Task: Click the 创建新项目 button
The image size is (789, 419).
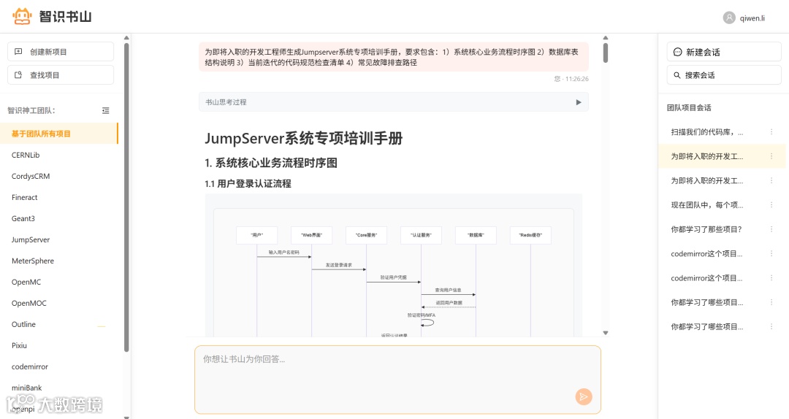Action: [x=61, y=52]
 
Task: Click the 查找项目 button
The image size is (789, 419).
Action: [x=61, y=75]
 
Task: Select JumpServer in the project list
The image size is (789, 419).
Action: [x=31, y=239]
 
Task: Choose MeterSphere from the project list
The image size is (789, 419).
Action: [x=33, y=261]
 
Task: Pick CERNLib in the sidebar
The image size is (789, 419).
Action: [x=26, y=155]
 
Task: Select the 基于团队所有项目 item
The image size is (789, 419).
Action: [x=42, y=134]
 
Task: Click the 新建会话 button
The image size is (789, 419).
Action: [x=723, y=52]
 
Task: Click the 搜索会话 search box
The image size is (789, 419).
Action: [x=723, y=75]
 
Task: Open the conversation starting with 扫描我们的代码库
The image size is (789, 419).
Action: [x=707, y=132]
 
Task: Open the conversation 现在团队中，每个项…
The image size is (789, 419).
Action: [x=707, y=205]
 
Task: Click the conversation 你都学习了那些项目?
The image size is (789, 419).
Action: [x=706, y=229]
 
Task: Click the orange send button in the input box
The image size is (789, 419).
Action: [x=583, y=396]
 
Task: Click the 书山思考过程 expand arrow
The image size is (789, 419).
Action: [x=579, y=102]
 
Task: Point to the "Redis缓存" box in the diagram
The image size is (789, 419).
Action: [x=530, y=235]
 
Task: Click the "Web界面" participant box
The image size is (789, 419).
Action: [x=311, y=235]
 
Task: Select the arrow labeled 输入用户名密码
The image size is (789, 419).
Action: [x=284, y=256]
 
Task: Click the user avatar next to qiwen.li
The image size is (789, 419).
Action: [x=729, y=18]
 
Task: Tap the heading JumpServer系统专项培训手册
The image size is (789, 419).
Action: [x=304, y=139]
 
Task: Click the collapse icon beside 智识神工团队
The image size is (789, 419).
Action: [x=106, y=110]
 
